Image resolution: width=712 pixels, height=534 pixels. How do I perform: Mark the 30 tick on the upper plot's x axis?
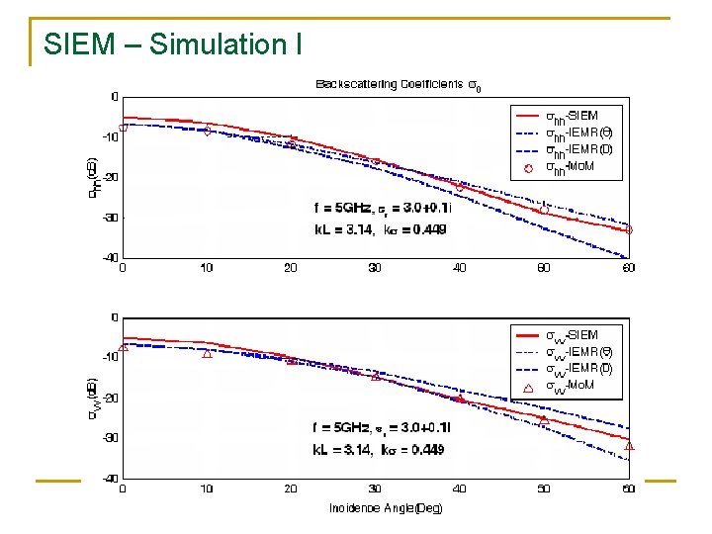click(x=375, y=268)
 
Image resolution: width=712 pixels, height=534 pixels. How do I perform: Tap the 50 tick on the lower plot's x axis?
click(x=544, y=489)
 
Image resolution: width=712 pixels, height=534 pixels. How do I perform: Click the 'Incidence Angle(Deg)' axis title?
click(x=386, y=508)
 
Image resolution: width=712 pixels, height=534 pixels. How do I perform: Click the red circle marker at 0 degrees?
click(x=124, y=128)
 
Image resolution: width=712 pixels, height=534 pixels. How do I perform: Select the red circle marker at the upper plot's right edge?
click(x=628, y=229)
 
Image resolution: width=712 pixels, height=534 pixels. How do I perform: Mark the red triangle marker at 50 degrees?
click(x=543, y=419)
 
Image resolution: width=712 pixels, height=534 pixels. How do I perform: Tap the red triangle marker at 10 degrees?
click(x=207, y=353)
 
